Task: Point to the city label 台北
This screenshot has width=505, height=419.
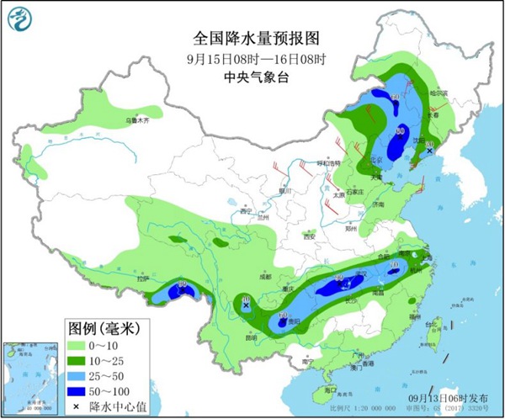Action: coord(435,322)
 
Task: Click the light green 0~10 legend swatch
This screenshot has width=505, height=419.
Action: coord(79,346)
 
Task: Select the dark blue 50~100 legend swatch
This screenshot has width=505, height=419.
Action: coord(79,391)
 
